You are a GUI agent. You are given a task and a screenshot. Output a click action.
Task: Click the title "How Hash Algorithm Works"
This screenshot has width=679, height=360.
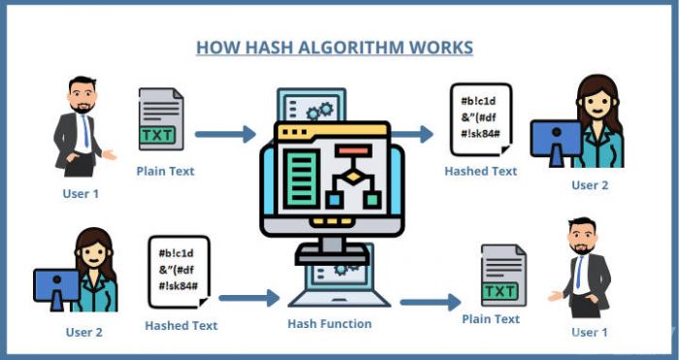coord(335,48)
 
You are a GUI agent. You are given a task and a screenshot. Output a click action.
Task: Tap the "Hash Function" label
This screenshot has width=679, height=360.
coord(330,323)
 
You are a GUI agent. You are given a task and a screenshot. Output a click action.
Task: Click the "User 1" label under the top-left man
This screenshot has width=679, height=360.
coord(81,194)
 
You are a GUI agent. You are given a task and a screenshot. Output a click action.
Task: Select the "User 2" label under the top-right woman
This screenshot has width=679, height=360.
coord(590,185)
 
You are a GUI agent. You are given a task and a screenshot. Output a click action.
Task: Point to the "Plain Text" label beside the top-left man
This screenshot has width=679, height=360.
coord(166,171)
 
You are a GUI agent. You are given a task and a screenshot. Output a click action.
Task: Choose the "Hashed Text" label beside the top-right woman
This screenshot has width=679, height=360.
coord(481,171)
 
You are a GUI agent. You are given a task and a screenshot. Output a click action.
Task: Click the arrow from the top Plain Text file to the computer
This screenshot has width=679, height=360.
coord(226,134)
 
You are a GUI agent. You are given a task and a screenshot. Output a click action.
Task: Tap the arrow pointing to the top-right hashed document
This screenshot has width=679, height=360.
coord(411,134)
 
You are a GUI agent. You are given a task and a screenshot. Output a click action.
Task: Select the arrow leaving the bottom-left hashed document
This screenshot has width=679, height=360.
coord(249,298)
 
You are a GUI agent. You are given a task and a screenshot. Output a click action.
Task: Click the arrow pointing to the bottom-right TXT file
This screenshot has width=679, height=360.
coord(431,302)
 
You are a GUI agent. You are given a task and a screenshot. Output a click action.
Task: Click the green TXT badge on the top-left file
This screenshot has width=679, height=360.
coord(157,135)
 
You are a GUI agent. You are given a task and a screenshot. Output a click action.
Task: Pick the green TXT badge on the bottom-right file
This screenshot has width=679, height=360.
coord(500,291)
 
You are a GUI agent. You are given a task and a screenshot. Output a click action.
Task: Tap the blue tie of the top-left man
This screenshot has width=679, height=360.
coord(85,130)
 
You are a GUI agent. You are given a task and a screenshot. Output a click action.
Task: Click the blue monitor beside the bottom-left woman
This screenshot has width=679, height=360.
coord(56,285)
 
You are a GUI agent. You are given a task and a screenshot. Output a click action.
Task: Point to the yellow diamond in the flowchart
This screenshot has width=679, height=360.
coord(353,177)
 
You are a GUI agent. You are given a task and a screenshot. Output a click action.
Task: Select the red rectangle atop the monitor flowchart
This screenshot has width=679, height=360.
coord(353,150)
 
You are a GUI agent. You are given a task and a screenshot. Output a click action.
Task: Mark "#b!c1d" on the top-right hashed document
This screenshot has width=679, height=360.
coord(478,102)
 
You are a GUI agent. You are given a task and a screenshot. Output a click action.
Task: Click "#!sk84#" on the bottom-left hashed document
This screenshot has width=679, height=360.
coord(178,286)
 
